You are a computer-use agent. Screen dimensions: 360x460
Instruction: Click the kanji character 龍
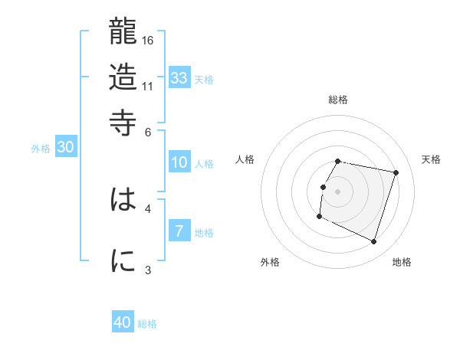(123, 32)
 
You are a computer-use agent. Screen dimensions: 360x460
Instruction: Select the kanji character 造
(123, 77)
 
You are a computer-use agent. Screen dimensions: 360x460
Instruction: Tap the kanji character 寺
(123, 121)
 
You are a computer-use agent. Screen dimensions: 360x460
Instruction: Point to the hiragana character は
(123, 201)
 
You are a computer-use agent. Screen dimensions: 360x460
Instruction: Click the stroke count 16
(149, 40)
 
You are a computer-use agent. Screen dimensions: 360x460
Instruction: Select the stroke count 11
(149, 85)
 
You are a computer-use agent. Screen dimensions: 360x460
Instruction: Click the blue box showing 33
(179, 77)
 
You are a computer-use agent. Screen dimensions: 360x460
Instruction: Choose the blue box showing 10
(179, 162)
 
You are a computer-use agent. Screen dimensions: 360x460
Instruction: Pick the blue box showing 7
(179, 231)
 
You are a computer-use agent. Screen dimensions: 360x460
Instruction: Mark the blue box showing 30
(65, 148)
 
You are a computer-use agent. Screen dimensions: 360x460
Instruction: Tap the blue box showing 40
(123, 322)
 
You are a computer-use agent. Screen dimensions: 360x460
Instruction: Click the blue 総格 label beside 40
(148, 324)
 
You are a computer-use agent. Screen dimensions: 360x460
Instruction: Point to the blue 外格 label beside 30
(41, 149)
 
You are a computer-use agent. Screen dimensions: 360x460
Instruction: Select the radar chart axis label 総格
(338, 100)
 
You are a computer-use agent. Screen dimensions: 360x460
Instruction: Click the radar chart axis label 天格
(431, 159)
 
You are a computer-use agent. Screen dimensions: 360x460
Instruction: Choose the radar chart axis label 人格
(245, 159)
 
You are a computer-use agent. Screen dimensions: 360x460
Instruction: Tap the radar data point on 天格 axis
(396, 173)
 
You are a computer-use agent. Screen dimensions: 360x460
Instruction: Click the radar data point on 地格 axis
(374, 242)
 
